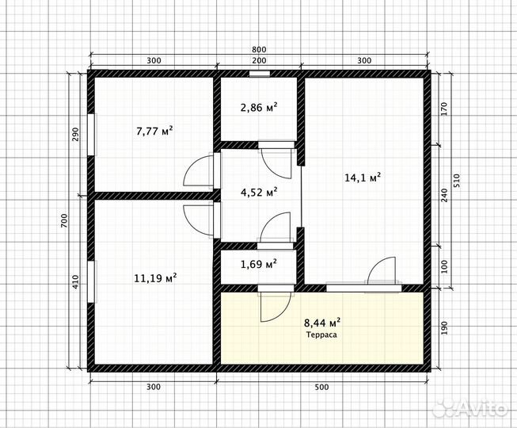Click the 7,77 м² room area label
tap(154, 132)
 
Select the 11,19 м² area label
tap(155, 278)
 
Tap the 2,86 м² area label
tap(259, 107)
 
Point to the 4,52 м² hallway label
tap(259, 192)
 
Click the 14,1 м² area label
tap(363, 178)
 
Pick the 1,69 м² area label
tap(259, 264)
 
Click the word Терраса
tap(321, 334)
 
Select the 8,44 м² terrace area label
tap(322, 322)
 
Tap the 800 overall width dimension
tap(259, 49)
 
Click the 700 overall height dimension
tap(64, 221)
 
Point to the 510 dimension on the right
tap(456, 181)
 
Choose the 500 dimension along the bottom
tap(321, 387)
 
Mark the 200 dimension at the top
tap(259, 60)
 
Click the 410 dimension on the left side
tap(76, 282)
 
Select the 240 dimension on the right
tap(444, 195)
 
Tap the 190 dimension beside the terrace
tap(444, 328)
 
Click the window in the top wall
tap(260, 74)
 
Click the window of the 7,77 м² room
tap(92, 134)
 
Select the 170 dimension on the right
tap(444, 109)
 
